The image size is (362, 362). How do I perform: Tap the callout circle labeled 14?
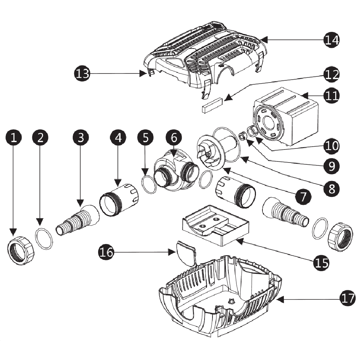click(332, 39)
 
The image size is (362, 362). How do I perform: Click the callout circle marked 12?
click(332, 75)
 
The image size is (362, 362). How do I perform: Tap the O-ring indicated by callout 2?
click(44, 239)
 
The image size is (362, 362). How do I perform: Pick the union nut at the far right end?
click(340, 237)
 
